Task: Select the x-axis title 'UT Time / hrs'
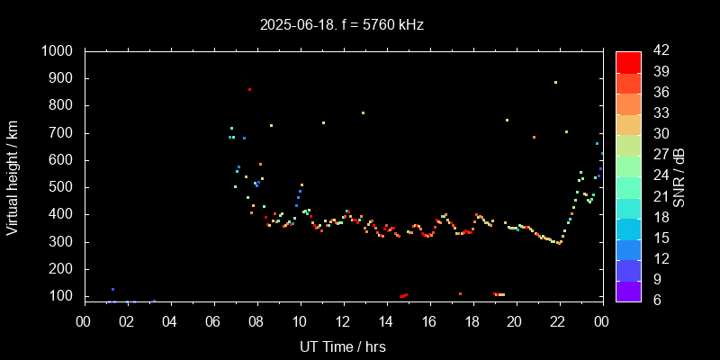coord(343,346)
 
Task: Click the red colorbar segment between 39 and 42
coord(628,61)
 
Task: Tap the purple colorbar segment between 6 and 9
coord(628,290)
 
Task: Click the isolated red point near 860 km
coord(249,89)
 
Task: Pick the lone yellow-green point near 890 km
coord(555,82)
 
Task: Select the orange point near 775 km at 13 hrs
coord(363,112)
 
